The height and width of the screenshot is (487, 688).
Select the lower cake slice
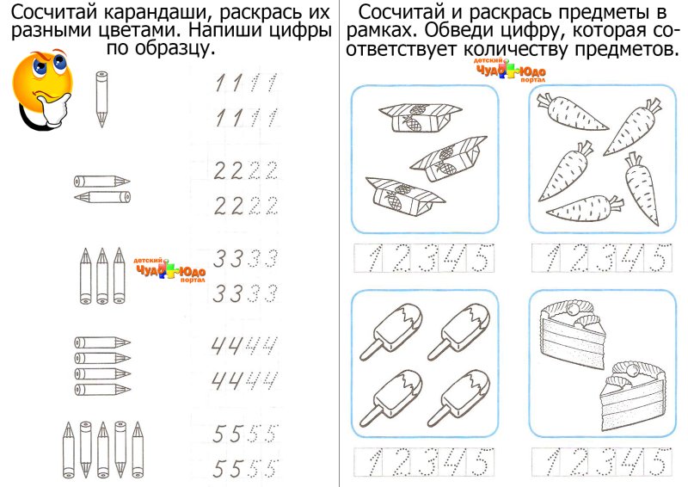(x=630, y=389)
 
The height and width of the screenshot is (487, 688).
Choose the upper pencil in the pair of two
(x=101, y=181)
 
